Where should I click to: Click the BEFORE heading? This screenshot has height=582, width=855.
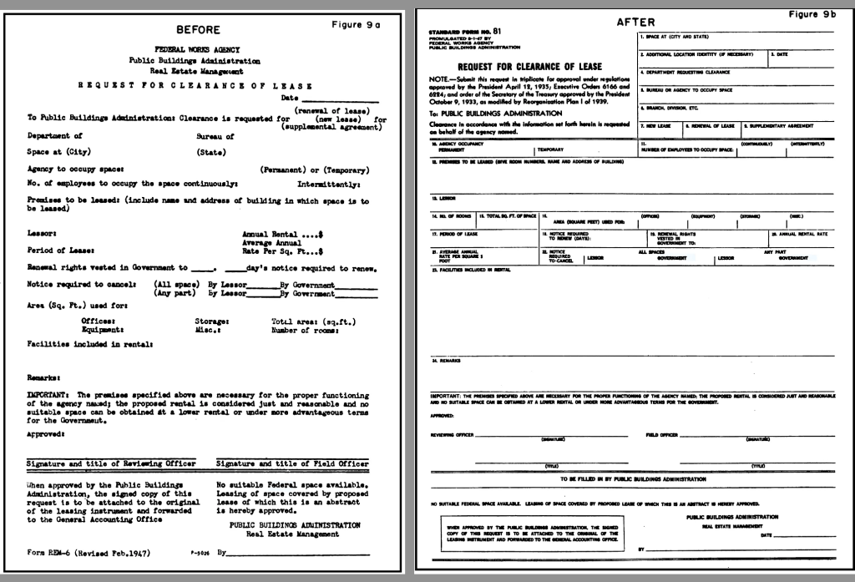(x=198, y=30)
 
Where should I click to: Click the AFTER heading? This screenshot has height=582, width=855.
(x=635, y=23)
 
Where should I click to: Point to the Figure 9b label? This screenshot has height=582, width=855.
(x=814, y=14)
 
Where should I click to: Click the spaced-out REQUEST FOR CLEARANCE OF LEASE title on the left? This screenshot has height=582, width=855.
(x=195, y=85)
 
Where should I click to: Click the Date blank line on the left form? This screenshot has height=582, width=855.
(x=337, y=101)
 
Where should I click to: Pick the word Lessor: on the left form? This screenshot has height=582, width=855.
(x=41, y=235)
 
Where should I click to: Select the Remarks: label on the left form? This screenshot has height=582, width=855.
(x=43, y=378)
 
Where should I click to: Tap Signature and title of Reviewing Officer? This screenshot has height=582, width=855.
(x=111, y=463)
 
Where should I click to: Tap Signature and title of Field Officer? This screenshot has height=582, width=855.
(x=292, y=463)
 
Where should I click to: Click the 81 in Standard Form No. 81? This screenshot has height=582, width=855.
(x=496, y=31)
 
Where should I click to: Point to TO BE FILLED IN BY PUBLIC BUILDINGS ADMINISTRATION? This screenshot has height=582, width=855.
(x=633, y=479)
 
